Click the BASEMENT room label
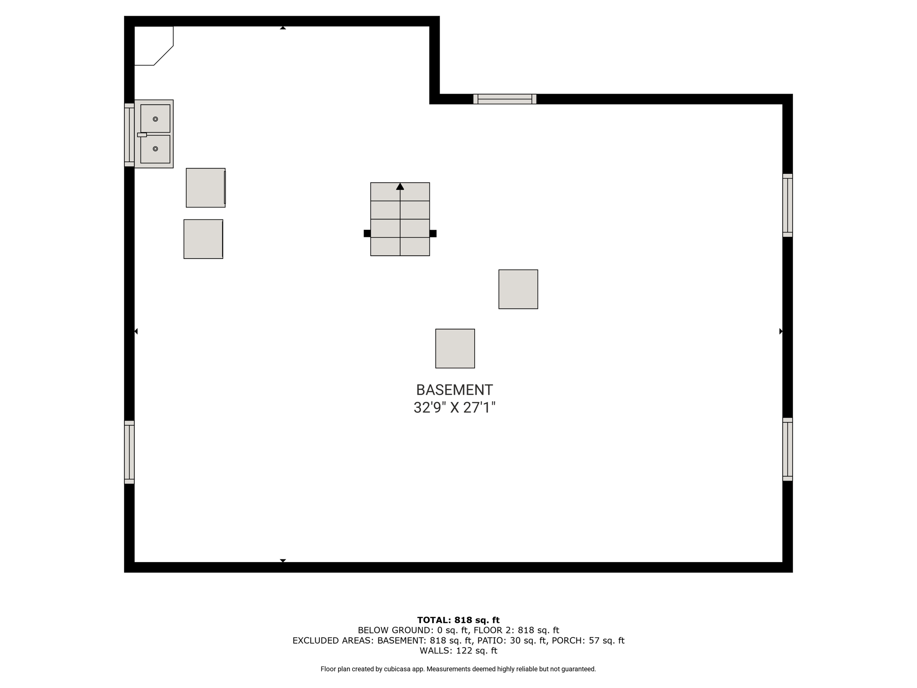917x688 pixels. point(454,390)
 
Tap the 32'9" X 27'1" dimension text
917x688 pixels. point(454,408)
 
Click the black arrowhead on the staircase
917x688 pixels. point(400,186)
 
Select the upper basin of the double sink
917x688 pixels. point(155,119)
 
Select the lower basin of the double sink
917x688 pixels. point(155,149)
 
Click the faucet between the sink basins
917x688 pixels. point(142,135)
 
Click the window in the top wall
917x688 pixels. point(505,99)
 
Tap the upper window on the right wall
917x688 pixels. point(788,205)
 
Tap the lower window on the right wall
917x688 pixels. point(788,449)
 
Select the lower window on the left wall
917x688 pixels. point(129,452)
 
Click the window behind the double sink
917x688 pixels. point(129,135)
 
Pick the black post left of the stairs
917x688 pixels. point(367,233)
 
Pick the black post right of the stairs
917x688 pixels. point(433,233)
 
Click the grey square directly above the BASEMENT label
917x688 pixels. point(455,348)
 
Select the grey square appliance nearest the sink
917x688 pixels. point(206,188)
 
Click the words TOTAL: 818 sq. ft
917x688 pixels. point(458,620)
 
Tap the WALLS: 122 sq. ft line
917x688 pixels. point(458,651)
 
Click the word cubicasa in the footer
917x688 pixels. point(397,669)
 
